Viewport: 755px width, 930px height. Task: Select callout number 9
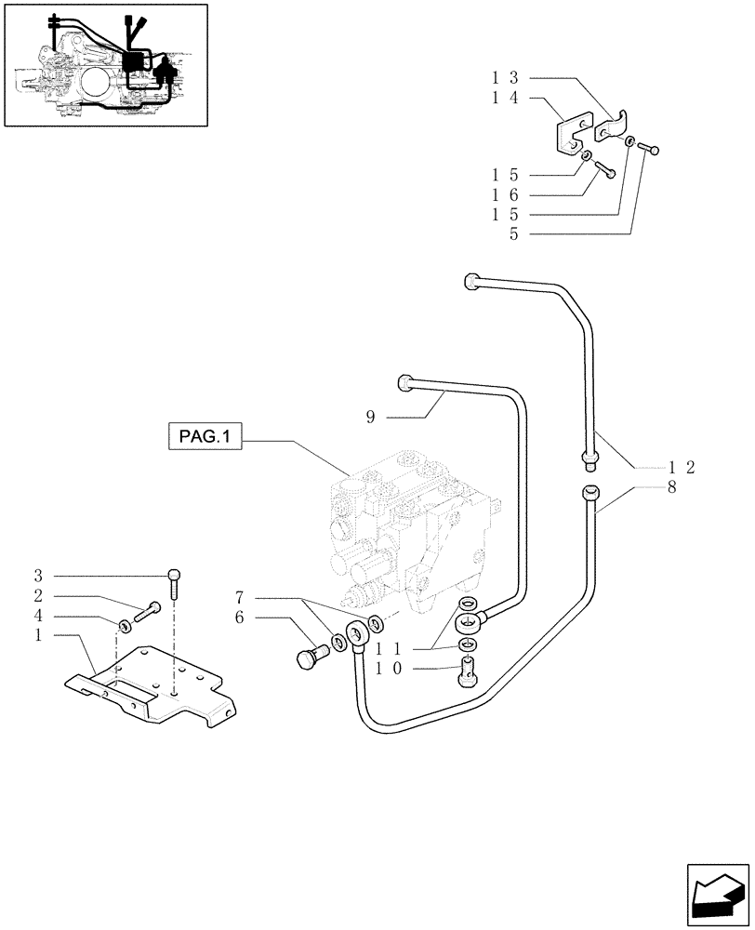click(369, 418)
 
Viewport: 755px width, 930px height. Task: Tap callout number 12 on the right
click(682, 468)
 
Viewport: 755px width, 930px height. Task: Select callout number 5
click(513, 235)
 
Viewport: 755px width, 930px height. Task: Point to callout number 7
click(239, 596)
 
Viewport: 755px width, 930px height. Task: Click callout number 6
click(239, 617)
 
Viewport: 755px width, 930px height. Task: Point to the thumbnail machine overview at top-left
click(105, 64)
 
